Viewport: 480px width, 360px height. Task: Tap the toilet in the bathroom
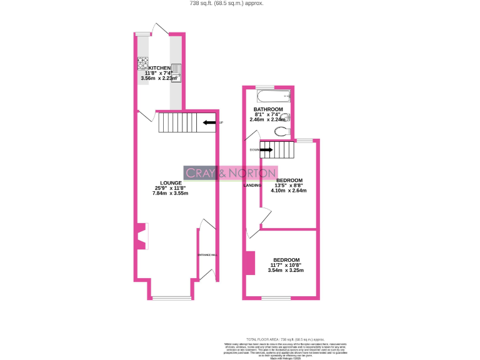tap(282, 131)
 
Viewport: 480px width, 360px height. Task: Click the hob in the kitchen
tap(142, 62)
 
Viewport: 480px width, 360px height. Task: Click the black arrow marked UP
tap(210, 123)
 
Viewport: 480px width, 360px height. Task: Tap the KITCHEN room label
tap(159, 67)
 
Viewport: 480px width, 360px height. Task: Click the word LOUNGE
tap(170, 182)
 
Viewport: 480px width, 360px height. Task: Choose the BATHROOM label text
tap(268, 109)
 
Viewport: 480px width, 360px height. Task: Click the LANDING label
tap(252, 184)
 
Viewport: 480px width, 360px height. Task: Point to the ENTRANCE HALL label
tap(206, 255)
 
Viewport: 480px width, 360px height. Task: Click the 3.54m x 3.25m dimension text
tap(286, 271)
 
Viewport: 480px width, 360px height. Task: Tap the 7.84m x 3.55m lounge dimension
tap(170, 193)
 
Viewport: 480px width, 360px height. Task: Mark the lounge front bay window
tap(171, 297)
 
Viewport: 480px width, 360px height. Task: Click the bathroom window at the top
tap(266, 87)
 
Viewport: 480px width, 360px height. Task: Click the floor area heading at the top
tap(226, 3)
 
